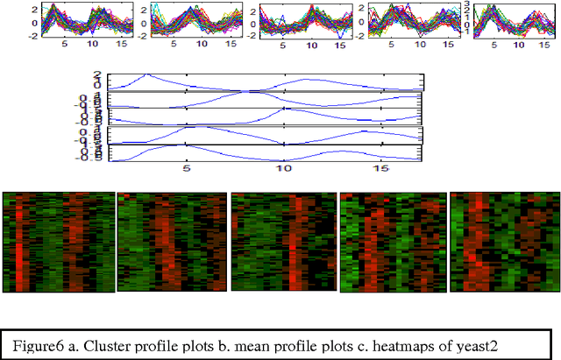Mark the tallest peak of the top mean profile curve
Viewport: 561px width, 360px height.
pyautogui.click(x=147, y=74)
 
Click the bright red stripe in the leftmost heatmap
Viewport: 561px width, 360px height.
pyautogui.click(x=18, y=245)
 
